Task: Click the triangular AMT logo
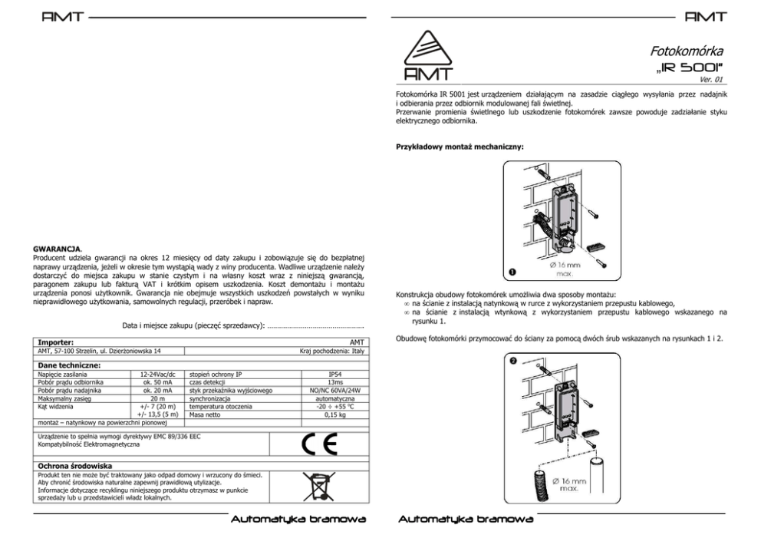point(427,56)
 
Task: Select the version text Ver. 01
point(713,80)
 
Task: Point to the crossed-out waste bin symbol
point(317,486)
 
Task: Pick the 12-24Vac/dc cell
point(158,374)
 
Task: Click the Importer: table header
point(56,342)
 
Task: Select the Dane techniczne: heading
point(70,365)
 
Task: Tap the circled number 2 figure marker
point(512,359)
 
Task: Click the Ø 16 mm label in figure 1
point(566,264)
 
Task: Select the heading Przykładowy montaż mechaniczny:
point(460,147)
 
